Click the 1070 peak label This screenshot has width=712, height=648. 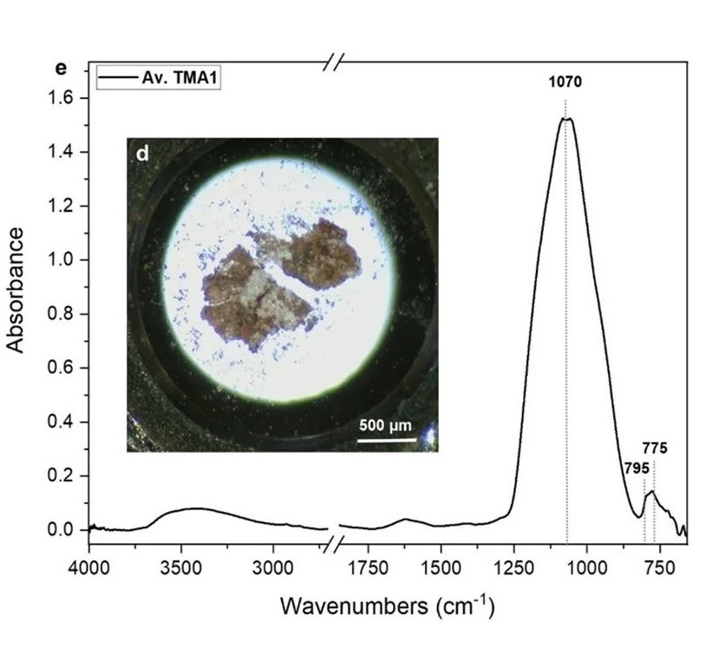click(565, 83)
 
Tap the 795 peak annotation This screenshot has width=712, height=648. click(636, 468)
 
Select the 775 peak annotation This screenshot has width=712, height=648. click(655, 449)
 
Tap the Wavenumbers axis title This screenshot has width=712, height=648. click(387, 605)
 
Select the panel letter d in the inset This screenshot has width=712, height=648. click(143, 154)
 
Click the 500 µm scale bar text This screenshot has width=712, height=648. click(385, 426)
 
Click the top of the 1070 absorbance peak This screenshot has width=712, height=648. click(565, 119)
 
